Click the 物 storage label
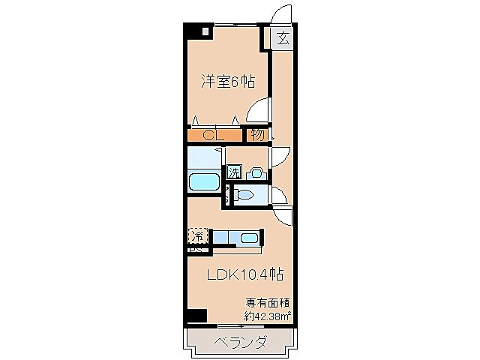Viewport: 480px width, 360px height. (257, 136)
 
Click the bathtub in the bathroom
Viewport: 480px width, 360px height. (203, 182)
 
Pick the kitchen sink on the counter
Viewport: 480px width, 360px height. (250, 239)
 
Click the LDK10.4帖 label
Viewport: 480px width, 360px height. (244, 275)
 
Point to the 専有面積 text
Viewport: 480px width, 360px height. (268, 303)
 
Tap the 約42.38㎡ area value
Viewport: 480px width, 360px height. (268, 316)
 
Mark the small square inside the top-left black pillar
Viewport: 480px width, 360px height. (205, 32)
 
